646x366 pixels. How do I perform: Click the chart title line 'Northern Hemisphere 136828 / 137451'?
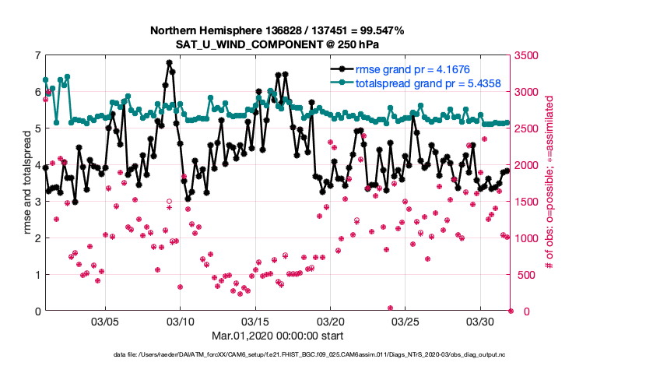pos(277,30)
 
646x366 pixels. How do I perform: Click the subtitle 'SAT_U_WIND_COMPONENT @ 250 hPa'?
pos(277,44)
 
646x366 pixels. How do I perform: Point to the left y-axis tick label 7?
pos(37,55)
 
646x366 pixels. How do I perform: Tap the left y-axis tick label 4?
pos(37,165)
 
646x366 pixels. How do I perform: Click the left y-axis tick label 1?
pos(37,275)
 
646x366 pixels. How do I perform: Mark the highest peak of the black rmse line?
pos(169,62)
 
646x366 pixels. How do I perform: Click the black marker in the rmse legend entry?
pos(340,69)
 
